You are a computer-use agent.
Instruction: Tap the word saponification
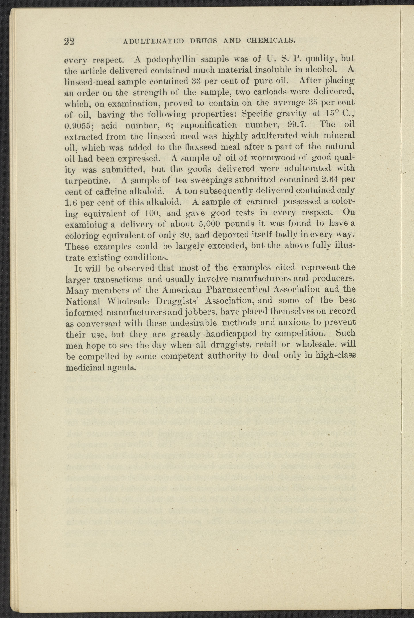click(x=209, y=125)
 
